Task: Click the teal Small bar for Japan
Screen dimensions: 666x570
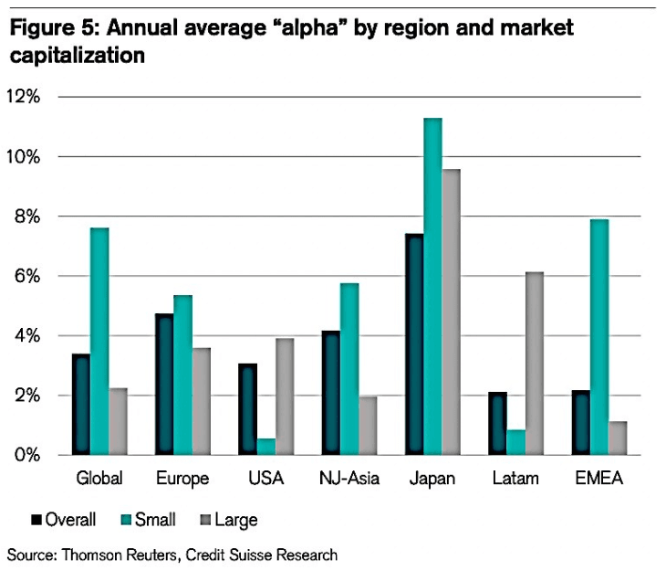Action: pyautogui.click(x=432, y=286)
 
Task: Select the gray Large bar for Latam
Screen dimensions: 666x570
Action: pyautogui.click(x=535, y=364)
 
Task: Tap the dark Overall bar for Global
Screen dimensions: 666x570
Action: pyautogui.click(x=80, y=405)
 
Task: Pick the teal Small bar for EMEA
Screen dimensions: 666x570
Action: pyautogui.click(x=599, y=337)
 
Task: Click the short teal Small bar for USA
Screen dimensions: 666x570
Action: pyautogui.click(x=266, y=447)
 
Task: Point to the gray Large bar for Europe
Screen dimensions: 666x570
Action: pyautogui.click(x=202, y=402)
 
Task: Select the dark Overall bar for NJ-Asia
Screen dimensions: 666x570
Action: pyautogui.click(x=331, y=393)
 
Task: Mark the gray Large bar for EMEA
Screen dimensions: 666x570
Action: pyautogui.click(x=618, y=438)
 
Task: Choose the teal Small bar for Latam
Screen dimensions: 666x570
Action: pyautogui.click(x=516, y=442)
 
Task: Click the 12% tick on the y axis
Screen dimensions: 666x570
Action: pyautogui.click(x=24, y=97)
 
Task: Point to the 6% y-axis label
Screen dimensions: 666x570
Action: pyautogui.click(x=27, y=277)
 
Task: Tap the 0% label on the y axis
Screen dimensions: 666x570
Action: pyautogui.click(x=27, y=455)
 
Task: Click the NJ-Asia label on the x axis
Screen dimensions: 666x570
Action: pyautogui.click(x=349, y=478)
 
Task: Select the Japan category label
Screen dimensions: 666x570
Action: pyautogui.click(x=432, y=479)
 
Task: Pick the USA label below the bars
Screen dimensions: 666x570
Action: pyautogui.click(x=265, y=478)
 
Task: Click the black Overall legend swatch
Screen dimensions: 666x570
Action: pyautogui.click(x=36, y=520)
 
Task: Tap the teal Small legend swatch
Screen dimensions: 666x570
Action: pyautogui.click(x=126, y=520)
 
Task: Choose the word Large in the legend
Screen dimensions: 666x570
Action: pyautogui.click(x=236, y=521)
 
